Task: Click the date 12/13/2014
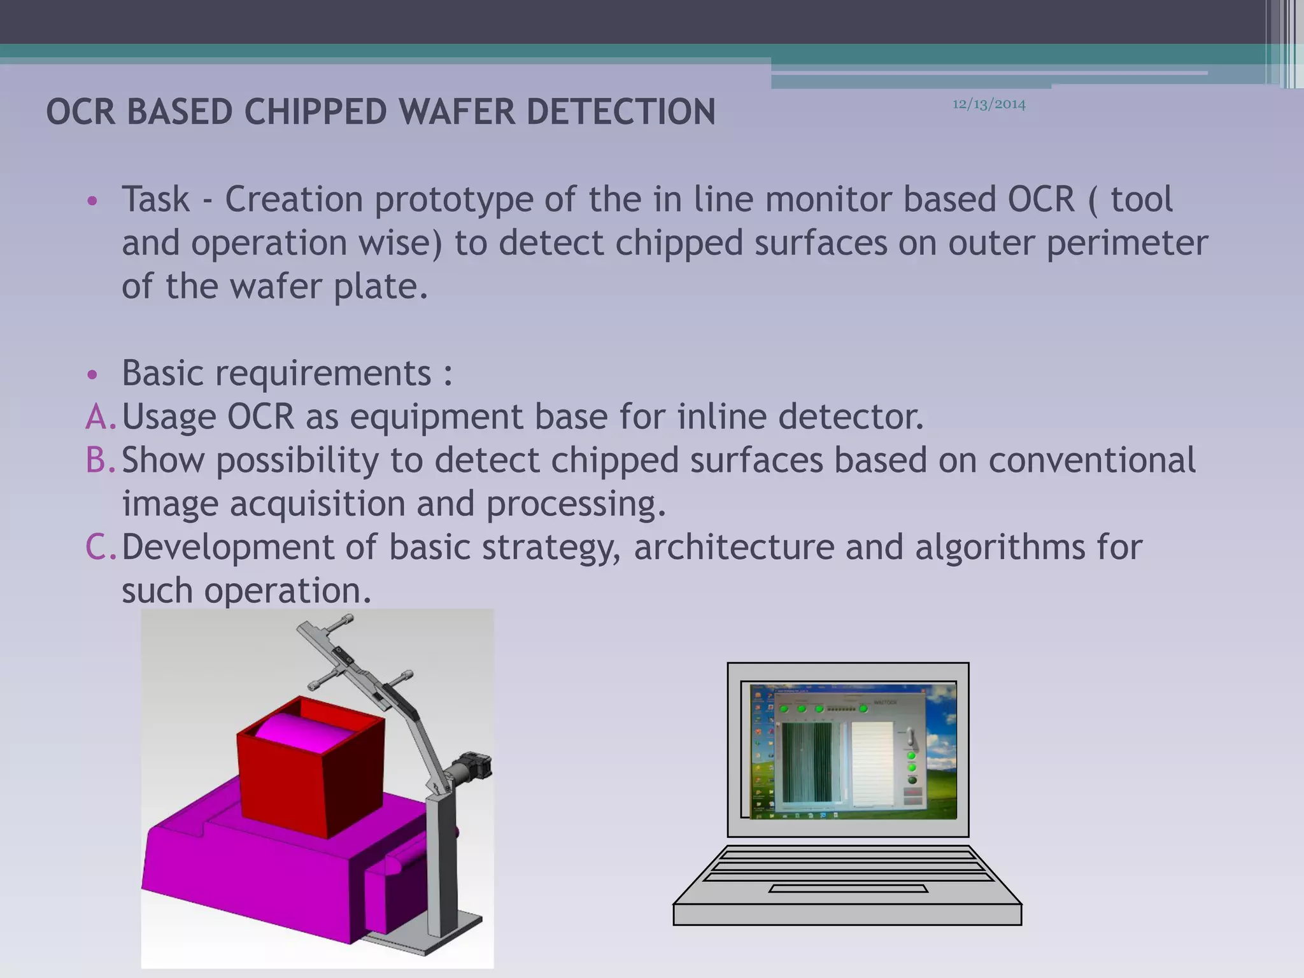tap(988, 104)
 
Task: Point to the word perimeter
tap(1126, 243)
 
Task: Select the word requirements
tap(323, 374)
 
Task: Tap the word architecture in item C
tap(733, 548)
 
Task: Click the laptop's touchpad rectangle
tap(847, 888)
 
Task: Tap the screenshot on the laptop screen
tap(853, 751)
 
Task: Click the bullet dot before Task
tap(92, 201)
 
